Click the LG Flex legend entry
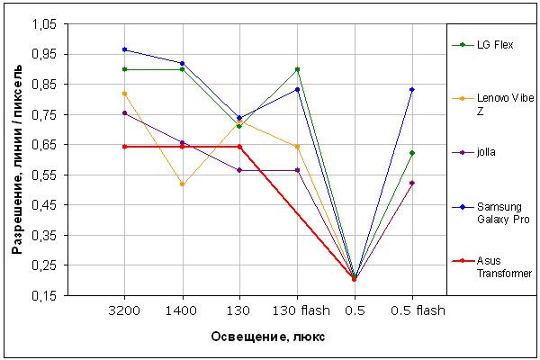tap(482, 45)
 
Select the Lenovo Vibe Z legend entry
tap(493, 104)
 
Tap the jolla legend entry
tap(474, 152)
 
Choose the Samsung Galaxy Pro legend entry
tap(490, 213)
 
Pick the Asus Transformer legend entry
tap(492, 267)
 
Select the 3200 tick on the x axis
tap(124, 310)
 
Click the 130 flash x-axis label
tap(301, 310)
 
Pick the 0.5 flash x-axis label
tap(418, 310)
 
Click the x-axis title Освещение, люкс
tap(267, 337)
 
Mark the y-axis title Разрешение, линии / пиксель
tap(17, 159)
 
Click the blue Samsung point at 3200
tap(125, 49)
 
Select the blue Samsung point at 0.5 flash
tap(412, 90)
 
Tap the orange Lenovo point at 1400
tap(182, 184)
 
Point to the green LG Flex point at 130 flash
tap(298, 69)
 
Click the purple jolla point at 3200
tap(125, 113)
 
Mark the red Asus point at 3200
tap(125, 147)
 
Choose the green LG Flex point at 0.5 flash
tap(412, 153)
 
